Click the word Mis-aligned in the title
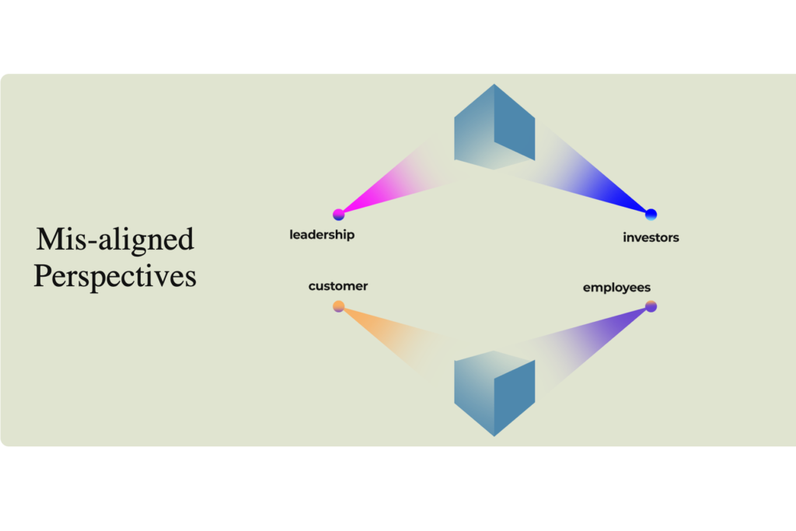point(115,239)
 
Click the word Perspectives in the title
point(115,276)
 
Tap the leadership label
point(322,235)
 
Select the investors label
point(651,238)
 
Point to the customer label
point(338,286)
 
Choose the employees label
point(616,288)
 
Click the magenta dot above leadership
point(339,215)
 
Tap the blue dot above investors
point(651,215)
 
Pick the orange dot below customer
point(339,306)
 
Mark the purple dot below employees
point(651,306)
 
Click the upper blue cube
point(494,127)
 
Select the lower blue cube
point(494,393)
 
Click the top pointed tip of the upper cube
point(494,84)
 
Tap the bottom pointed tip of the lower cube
point(494,436)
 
